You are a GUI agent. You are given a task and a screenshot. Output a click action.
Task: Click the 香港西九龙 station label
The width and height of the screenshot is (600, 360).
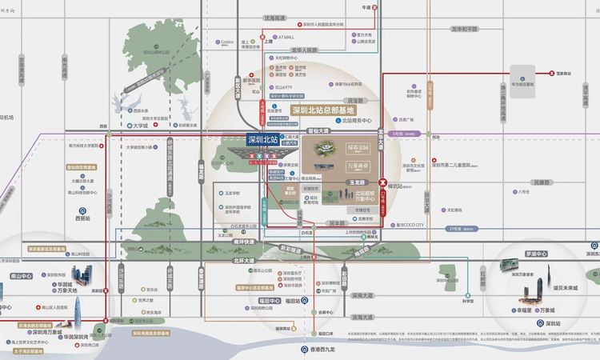click(323, 352)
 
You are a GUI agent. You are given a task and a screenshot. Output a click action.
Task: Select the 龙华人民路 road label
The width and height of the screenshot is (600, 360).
click(310, 50)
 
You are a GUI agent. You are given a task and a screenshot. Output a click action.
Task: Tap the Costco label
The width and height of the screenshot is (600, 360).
click(226, 42)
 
